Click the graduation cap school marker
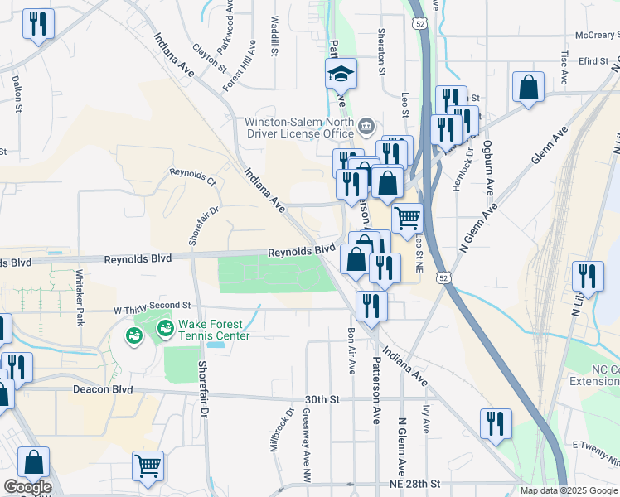341,75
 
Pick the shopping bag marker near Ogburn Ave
528,87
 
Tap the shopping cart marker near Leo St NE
407,220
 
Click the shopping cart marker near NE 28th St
148,466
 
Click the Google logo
27,487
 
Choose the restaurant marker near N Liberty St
588,277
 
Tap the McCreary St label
597,36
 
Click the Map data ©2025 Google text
569,490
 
